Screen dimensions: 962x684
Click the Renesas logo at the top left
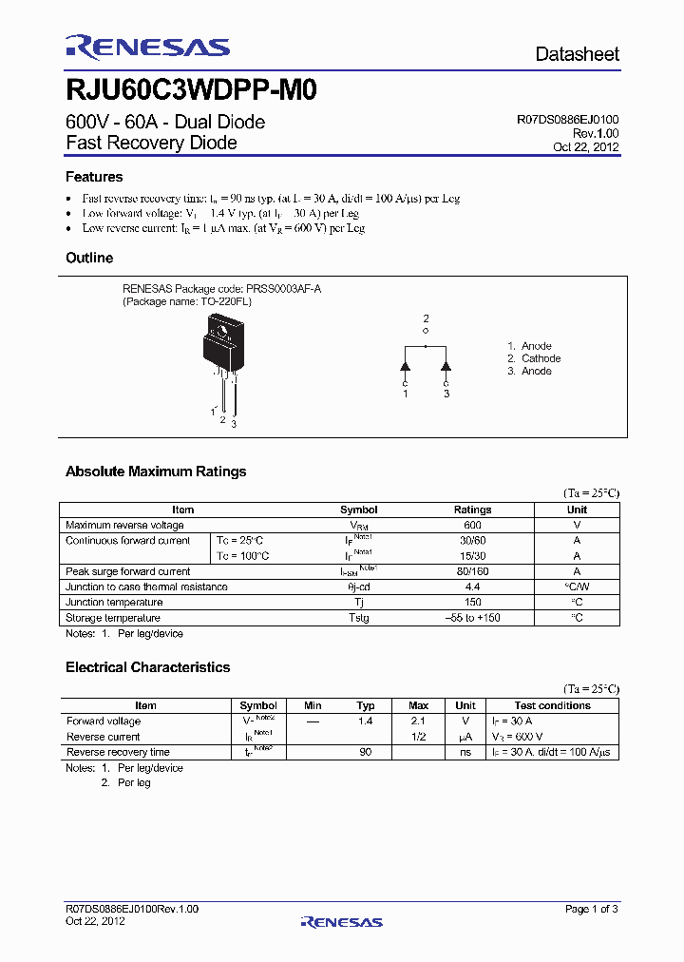tap(147, 47)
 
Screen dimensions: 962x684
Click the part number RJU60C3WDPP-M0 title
tap(191, 90)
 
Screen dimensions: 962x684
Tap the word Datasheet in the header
tap(577, 54)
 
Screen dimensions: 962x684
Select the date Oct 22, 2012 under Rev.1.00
tap(586, 147)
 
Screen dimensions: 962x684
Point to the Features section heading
tap(94, 177)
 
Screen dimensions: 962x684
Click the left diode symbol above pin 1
tap(405, 364)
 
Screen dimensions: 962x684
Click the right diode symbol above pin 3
tap(446, 364)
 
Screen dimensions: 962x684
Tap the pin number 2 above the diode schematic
tap(426, 318)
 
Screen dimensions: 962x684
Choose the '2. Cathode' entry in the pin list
tap(534, 358)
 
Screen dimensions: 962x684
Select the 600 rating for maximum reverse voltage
tap(472, 526)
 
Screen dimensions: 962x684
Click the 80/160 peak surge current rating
tap(472, 572)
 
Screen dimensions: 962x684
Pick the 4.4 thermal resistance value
tap(472, 587)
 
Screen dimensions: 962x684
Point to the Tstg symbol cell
tap(358, 618)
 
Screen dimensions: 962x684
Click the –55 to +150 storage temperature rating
tap(472, 618)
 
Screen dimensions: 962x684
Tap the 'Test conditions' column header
tap(552, 705)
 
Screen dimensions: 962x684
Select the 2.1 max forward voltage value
tap(418, 721)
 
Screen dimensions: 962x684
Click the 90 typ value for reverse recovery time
tap(365, 752)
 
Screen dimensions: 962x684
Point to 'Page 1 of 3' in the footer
tap(592, 910)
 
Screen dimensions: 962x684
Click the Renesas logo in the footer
tap(341, 921)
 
